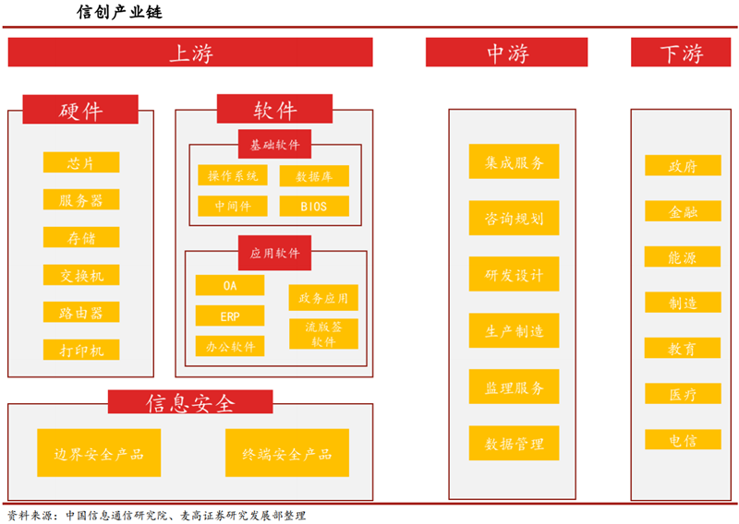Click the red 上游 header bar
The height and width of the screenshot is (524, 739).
point(190,53)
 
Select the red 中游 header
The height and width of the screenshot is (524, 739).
point(507,53)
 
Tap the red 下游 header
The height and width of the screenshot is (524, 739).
point(681,53)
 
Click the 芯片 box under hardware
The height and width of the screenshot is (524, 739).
point(81,162)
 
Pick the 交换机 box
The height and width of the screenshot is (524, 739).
point(81,275)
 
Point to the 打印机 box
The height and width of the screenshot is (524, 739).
point(81,351)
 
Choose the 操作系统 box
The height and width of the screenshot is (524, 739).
point(232,175)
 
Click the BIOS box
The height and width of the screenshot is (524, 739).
point(313,206)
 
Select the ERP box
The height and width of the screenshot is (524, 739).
point(230,316)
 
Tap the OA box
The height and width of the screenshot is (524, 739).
point(230,286)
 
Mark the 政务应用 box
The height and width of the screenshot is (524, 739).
point(323,298)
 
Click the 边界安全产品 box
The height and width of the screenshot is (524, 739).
point(99,453)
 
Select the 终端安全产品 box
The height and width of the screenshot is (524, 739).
point(287,453)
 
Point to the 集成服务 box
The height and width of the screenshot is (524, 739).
point(514,162)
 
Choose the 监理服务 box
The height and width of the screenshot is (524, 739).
point(514,387)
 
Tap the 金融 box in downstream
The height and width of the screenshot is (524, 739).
point(683,211)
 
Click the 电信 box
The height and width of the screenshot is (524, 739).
point(683,440)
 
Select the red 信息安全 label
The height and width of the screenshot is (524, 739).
point(190,402)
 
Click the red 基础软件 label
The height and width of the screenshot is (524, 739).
point(274,144)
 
